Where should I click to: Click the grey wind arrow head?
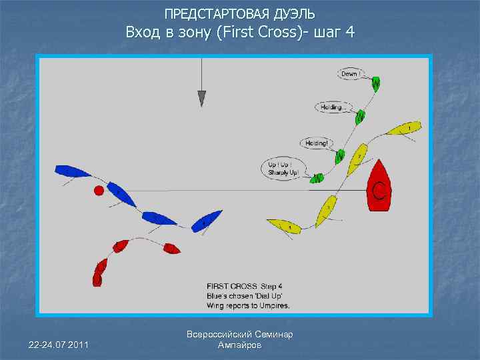pos(202,99)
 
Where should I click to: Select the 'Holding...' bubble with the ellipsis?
pos(331,107)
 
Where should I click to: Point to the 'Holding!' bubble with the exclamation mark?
pos(317,143)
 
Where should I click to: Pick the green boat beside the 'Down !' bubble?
pos(376,83)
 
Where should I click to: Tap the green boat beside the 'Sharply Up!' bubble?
pos(317,178)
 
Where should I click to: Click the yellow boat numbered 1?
pos(405,127)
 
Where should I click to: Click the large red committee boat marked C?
pos(380,186)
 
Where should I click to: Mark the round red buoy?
pos(99,191)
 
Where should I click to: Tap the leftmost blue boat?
pos(72,172)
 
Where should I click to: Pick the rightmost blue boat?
pos(207,220)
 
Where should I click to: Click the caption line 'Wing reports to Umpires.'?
pos(248,305)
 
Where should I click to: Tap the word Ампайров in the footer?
pos(240,345)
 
